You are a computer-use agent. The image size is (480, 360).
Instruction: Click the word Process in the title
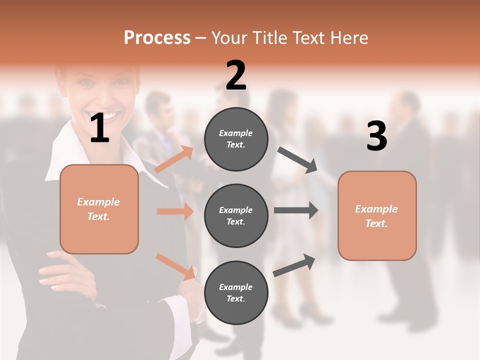tap(157, 38)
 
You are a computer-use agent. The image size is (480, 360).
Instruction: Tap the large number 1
tap(99, 128)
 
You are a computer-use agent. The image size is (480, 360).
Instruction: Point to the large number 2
tap(236, 75)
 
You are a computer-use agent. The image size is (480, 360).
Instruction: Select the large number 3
tap(376, 136)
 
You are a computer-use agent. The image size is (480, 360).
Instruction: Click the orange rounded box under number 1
tap(99, 209)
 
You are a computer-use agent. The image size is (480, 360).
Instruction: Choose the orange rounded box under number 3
tap(377, 216)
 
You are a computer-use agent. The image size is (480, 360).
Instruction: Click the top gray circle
tap(236, 139)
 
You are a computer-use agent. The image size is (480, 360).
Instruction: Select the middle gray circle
tap(236, 215)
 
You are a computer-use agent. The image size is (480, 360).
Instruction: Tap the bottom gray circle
tap(236, 292)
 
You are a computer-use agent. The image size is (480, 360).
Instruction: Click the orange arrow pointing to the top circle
tap(174, 159)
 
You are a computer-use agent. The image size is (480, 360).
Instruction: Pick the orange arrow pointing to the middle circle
tap(175, 211)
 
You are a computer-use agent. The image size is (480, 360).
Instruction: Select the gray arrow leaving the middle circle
tap(296, 210)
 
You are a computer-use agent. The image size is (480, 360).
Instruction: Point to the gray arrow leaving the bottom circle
tap(294, 265)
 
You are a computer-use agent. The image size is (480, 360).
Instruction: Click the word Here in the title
tap(350, 38)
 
